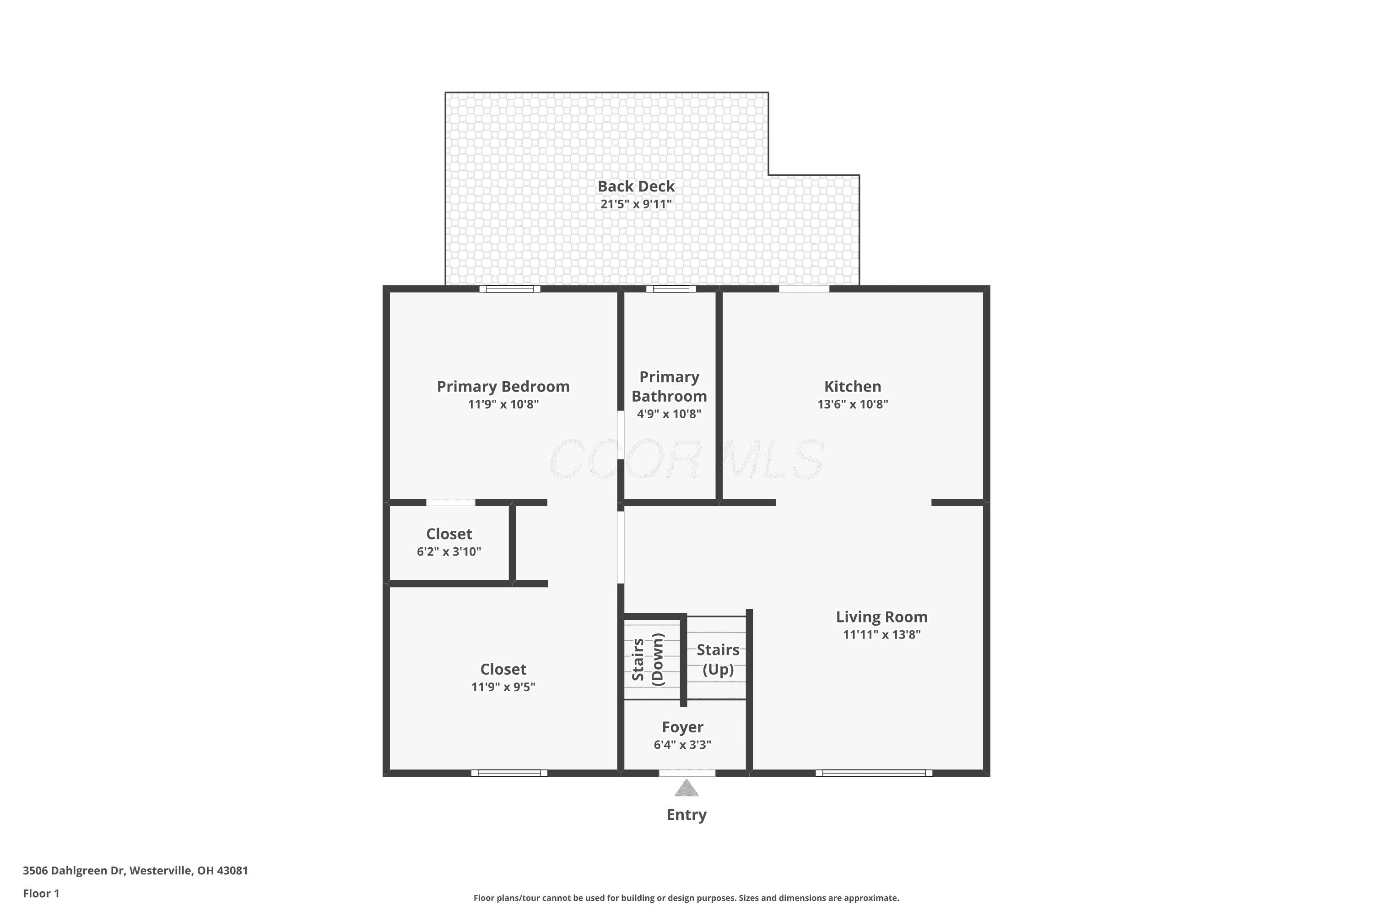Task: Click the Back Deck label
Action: pos(636,186)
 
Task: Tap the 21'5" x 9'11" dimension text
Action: pos(636,204)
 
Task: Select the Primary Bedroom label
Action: pos(503,387)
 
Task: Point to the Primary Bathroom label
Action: pos(669,387)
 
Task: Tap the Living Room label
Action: pos(881,617)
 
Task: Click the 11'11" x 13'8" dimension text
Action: pos(881,634)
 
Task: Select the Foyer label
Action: pos(682,727)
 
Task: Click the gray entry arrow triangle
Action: pos(686,789)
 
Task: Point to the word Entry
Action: pos(686,815)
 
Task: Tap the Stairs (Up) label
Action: pos(718,660)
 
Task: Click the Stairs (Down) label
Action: pos(648,660)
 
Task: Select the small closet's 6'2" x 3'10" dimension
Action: pos(449,551)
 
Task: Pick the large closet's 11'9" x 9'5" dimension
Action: pos(503,687)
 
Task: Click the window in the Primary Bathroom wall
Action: pos(671,289)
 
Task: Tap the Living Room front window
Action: pos(874,773)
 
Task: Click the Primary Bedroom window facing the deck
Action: pos(510,289)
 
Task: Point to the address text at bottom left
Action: pos(135,871)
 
